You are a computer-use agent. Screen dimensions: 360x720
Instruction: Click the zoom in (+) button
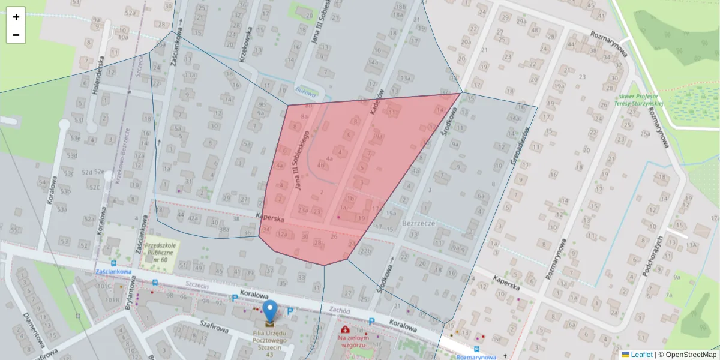[x=16, y=17]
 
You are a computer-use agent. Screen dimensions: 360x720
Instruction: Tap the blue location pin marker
[x=271, y=311]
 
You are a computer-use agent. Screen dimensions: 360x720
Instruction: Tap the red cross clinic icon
[x=345, y=329]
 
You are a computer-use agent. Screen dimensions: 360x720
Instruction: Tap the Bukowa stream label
[x=305, y=91]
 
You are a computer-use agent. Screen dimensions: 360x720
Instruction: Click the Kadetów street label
[x=377, y=103]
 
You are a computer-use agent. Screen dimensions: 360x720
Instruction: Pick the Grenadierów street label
[x=520, y=146]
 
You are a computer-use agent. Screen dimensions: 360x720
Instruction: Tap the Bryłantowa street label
[x=129, y=292]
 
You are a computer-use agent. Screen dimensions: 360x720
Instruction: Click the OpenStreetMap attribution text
[x=691, y=355]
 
